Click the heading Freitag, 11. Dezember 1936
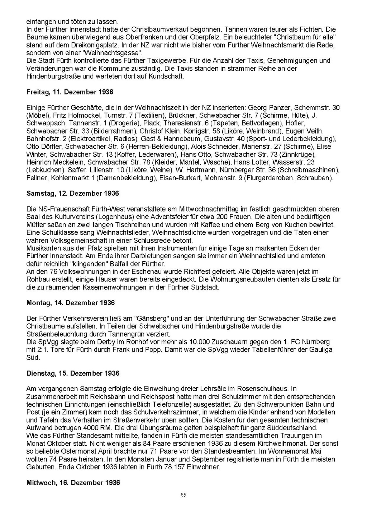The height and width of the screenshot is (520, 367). [x=70, y=92]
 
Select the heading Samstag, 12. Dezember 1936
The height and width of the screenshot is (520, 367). [x=72, y=193]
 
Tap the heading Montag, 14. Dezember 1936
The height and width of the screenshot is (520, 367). [x=71, y=303]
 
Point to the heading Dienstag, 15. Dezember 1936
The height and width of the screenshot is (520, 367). [x=73, y=373]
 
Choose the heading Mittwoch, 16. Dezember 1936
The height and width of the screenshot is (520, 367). [x=73, y=483]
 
